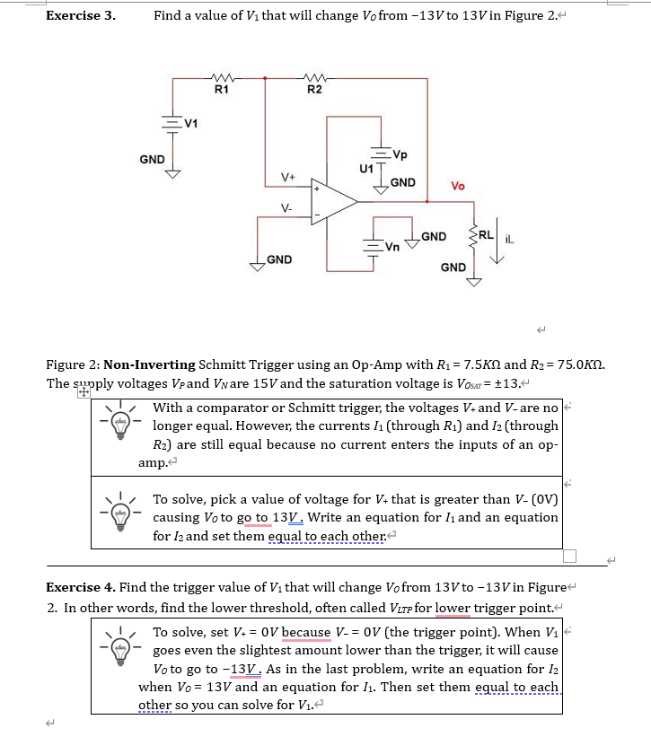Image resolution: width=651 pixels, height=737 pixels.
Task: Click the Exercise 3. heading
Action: (80, 15)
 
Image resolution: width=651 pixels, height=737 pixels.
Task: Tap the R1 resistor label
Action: (221, 89)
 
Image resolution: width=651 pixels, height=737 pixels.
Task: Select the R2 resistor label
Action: (314, 89)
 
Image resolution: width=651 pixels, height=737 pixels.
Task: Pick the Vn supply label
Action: (392, 247)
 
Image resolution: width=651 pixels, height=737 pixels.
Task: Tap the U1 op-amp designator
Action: (365, 168)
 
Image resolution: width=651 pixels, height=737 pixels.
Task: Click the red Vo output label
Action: (457, 187)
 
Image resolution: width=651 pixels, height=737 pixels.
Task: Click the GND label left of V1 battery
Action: (152, 159)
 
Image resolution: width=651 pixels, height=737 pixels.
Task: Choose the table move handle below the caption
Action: (83, 391)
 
